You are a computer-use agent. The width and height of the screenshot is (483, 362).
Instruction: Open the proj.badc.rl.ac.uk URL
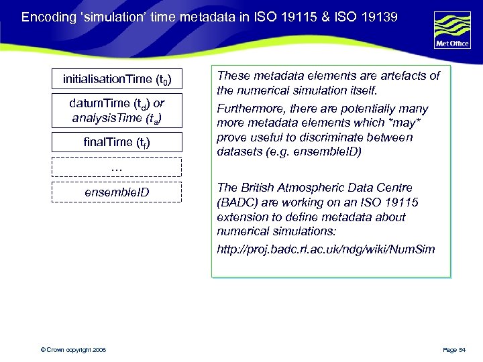coord(325,250)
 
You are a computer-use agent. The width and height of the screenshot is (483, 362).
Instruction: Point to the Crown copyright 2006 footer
coord(72,350)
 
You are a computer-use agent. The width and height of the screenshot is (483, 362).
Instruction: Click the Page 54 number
coord(458,350)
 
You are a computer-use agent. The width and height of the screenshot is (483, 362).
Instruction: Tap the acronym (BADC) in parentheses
coord(236,202)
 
